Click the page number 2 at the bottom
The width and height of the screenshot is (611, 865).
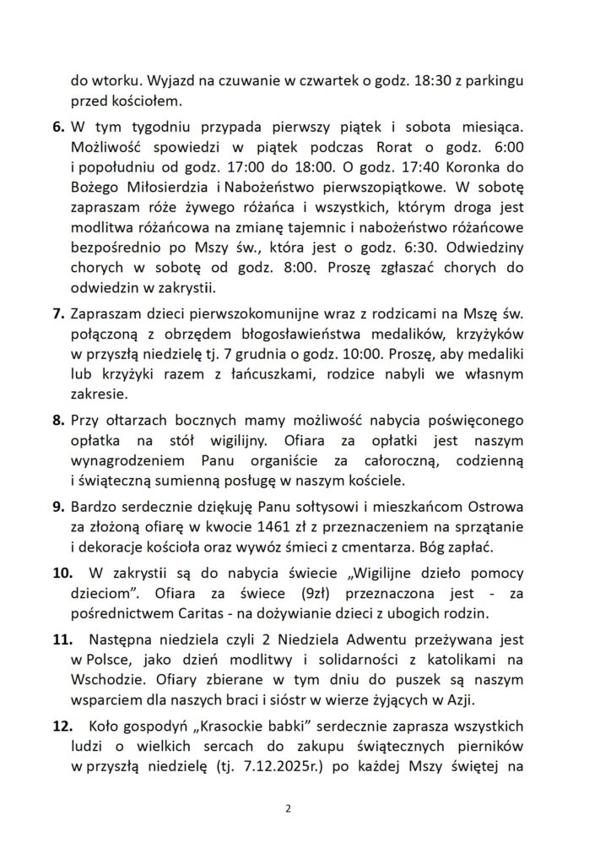288,808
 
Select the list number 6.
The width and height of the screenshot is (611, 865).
59,128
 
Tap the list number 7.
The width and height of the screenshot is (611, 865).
59,314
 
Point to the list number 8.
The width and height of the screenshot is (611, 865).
59,420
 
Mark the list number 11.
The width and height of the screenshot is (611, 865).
62,638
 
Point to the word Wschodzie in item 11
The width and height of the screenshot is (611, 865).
107,681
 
